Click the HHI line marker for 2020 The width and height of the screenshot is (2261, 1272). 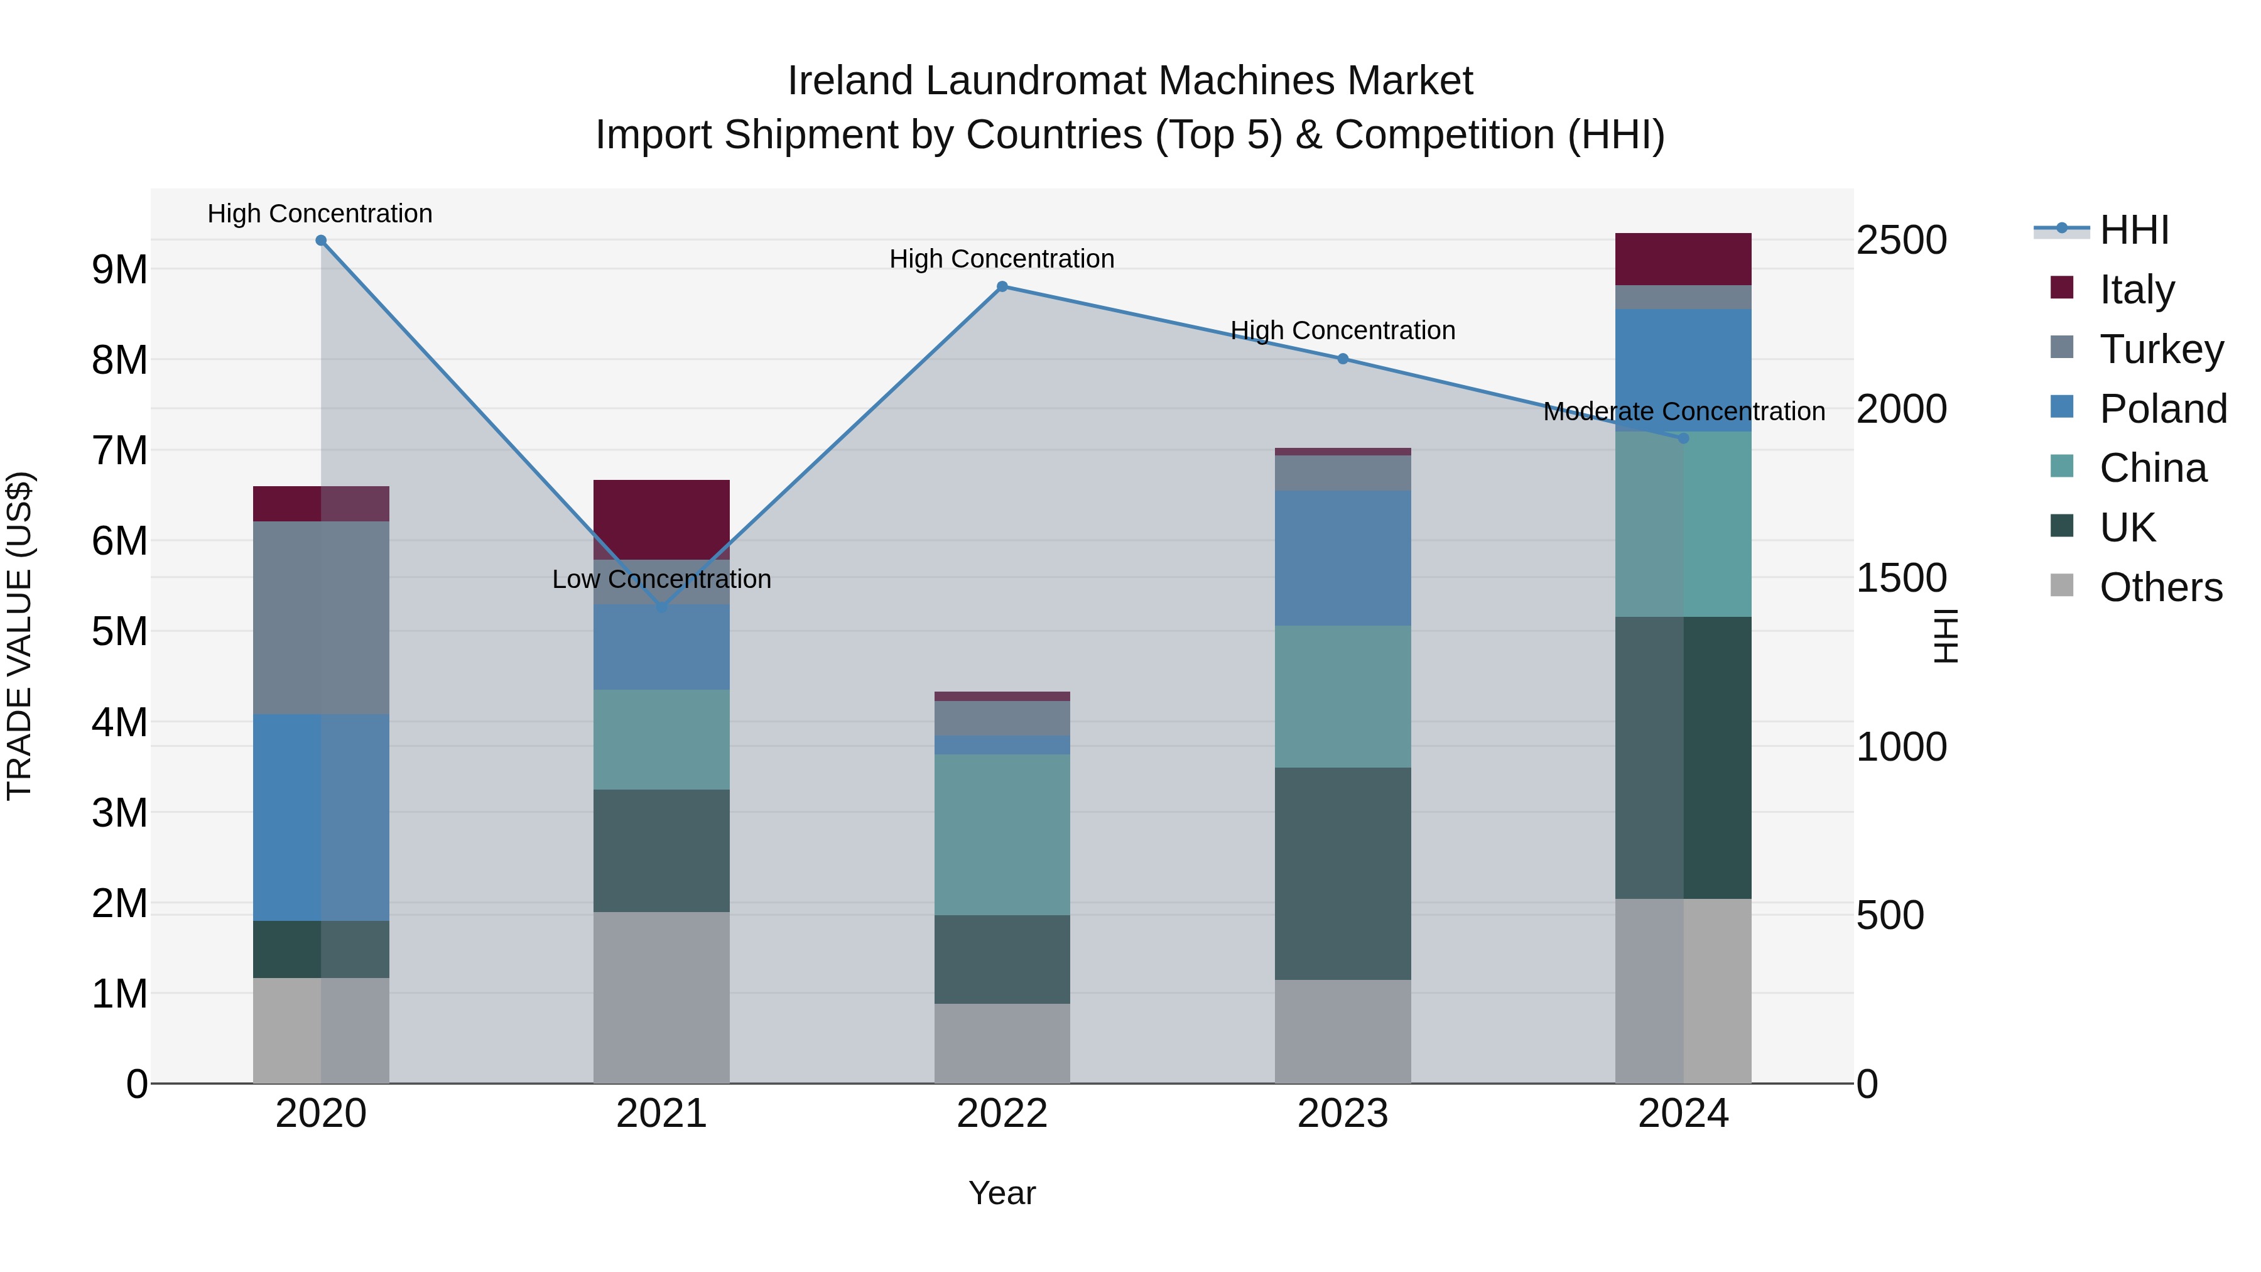[x=321, y=241]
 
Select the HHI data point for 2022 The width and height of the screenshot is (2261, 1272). [x=1002, y=286]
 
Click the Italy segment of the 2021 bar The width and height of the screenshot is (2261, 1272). [x=662, y=519]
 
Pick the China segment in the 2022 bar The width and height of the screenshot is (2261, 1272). [x=1002, y=834]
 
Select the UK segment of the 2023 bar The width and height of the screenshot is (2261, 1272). [x=1343, y=874]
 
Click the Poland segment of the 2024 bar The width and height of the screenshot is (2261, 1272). [x=1683, y=369]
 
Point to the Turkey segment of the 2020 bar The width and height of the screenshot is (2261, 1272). [x=321, y=618]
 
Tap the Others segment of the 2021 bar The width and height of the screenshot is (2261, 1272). [x=662, y=997]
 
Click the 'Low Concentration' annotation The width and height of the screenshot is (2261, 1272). [x=662, y=579]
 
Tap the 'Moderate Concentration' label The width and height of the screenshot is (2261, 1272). [x=1683, y=411]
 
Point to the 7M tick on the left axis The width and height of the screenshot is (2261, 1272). [x=120, y=450]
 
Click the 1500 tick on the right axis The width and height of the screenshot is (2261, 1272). [x=1901, y=578]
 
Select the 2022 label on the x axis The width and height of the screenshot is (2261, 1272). [x=1002, y=1114]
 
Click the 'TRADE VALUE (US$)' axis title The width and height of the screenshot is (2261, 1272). [x=19, y=636]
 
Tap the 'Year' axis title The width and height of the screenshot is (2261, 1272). [x=1002, y=1193]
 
